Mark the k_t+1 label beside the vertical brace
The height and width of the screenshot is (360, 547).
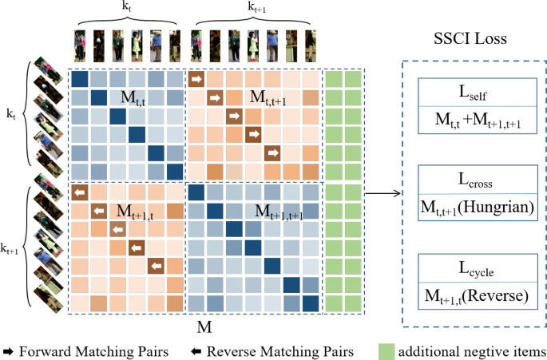coord(10,248)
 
